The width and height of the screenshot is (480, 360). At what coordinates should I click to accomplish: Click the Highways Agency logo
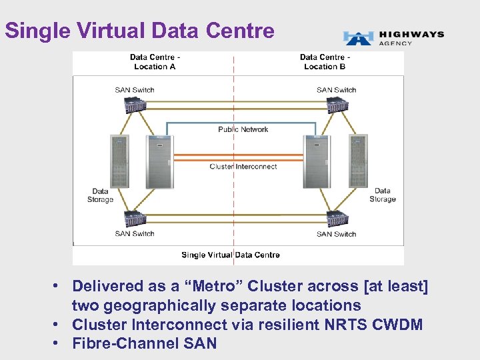pyautogui.click(x=393, y=37)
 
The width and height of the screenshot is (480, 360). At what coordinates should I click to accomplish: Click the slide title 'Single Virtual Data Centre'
pyautogui.click(x=139, y=31)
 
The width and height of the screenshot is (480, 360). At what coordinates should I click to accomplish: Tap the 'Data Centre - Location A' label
pyautogui.click(x=155, y=62)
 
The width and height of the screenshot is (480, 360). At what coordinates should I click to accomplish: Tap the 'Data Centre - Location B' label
pyautogui.click(x=325, y=62)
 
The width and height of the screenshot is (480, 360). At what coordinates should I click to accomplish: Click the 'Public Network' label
pyautogui.click(x=243, y=129)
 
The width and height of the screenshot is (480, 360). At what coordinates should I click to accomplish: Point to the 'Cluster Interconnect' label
pyautogui.click(x=243, y=166)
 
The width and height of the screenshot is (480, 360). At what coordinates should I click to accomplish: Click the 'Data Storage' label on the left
pyautogui.click(x=100, y=195)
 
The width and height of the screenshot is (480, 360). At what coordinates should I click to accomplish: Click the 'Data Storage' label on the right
pyautogui.click(x=382, y=195)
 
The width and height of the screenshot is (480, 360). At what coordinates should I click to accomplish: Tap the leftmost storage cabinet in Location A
pyautogui.click(x=120, y=161)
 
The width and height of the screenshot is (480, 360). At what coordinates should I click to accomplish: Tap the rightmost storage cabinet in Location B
pyautogui.click(x=358, y=161)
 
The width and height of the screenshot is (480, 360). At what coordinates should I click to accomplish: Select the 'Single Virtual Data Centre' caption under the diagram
pyautogui.click(x=231, y=255)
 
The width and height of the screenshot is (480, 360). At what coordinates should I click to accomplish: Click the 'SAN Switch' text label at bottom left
pyautogui.click(x=135, y=233)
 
